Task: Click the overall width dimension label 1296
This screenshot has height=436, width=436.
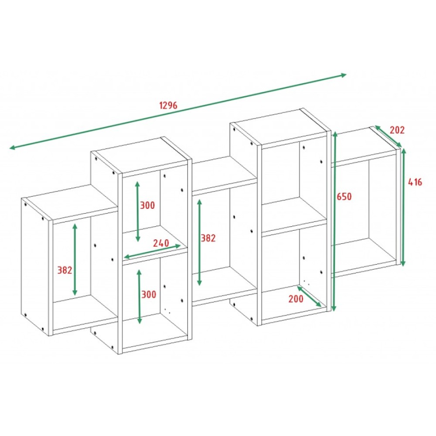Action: (168, 106)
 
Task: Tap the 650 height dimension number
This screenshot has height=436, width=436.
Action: (344, 197)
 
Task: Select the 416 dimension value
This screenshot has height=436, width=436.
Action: (415, 182)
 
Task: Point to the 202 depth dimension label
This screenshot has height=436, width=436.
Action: (397, 130)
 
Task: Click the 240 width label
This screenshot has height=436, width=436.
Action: (161, 243)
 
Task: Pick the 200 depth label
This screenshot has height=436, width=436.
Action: (296, 299)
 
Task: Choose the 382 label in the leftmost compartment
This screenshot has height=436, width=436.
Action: (65, 270)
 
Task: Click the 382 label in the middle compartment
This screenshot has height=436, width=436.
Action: (208, 238)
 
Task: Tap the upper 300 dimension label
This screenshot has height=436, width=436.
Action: (147, 205)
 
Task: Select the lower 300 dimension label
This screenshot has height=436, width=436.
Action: (149, 294)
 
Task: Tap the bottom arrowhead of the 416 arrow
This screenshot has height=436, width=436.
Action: (403, 265)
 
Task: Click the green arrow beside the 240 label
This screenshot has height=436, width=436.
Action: (152, 251)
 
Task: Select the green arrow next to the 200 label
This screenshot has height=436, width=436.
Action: (309, 296)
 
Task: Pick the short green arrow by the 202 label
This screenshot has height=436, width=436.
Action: (388, 136)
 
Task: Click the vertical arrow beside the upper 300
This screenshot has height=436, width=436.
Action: (137, 211)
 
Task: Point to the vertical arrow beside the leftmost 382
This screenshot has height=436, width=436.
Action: (75, 259)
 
